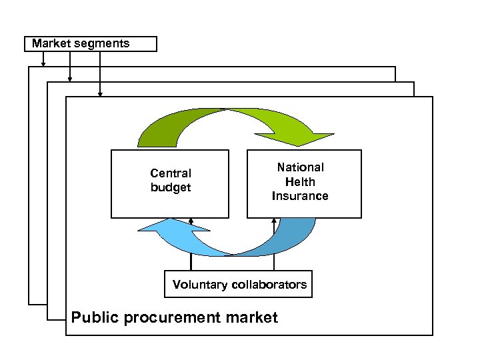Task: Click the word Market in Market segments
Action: click(x=51, y=44)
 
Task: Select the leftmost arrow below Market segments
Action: click(x=43, y=59)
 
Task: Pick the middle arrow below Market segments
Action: click(x=69, y=67)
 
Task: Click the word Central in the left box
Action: click(x=171, y=173)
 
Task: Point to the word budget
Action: click(x=171, y=188)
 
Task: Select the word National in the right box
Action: click(x=300, y=167)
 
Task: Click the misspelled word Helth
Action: click(x=300, y=182)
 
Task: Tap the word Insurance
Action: click(x=300, y=196)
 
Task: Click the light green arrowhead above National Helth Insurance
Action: click(x=303, y=137)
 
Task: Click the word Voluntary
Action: click(x=199, y=285)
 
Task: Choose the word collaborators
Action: click(x=269, y=285)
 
